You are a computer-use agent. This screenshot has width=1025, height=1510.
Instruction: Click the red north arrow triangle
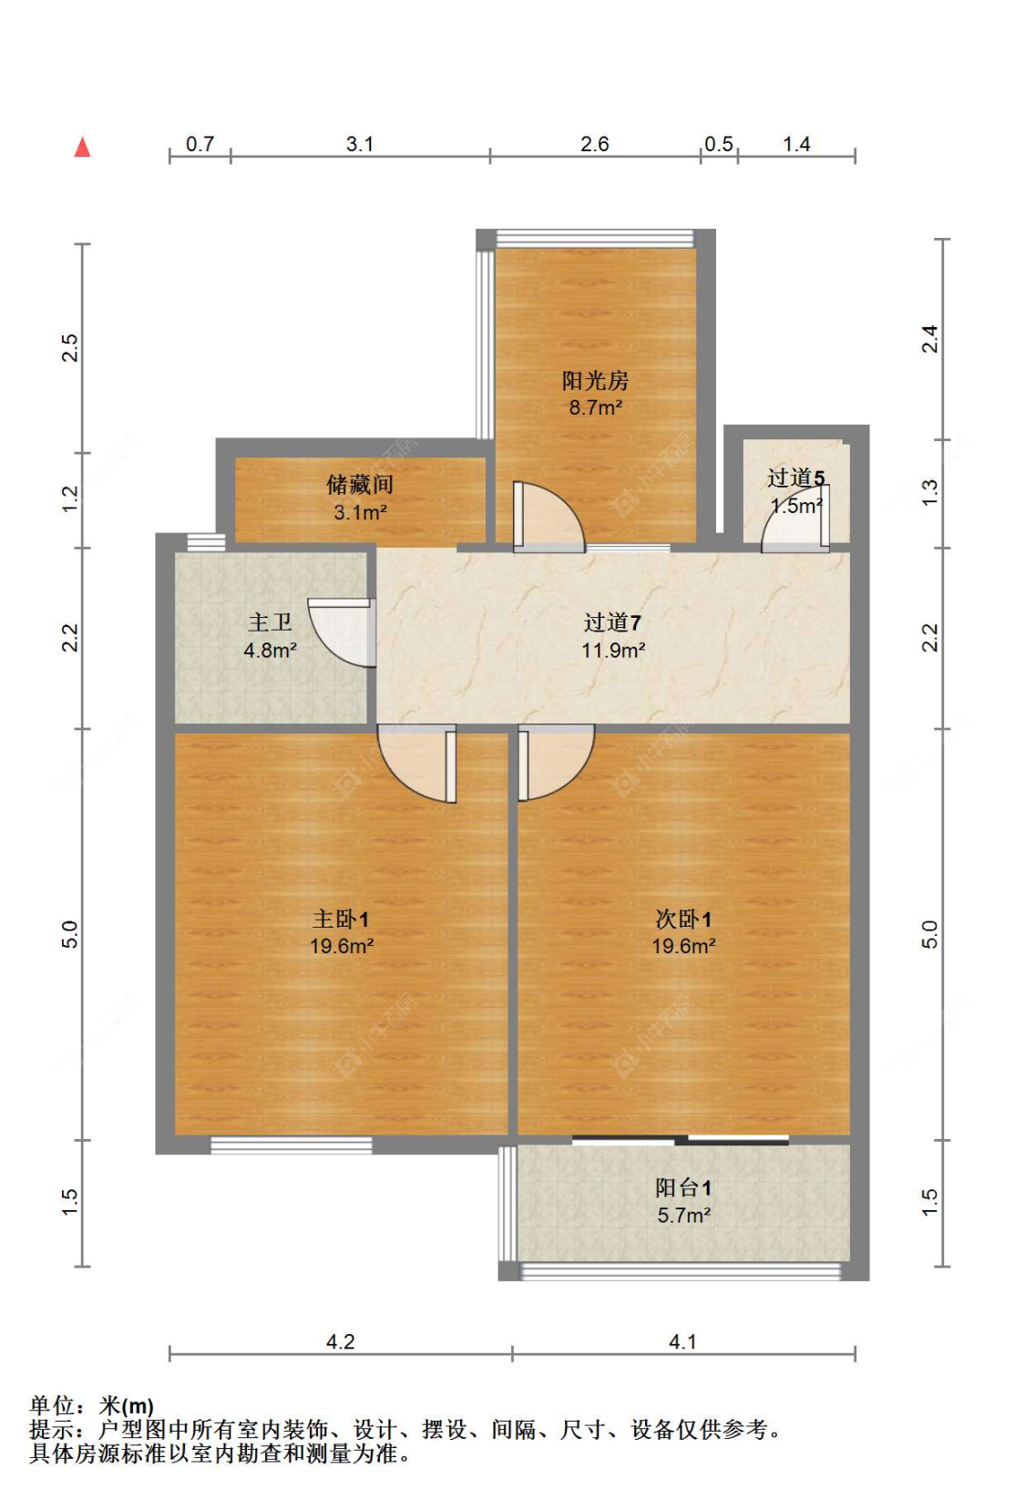tap(82, 147)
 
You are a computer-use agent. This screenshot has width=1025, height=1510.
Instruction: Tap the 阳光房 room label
tap(595, 380)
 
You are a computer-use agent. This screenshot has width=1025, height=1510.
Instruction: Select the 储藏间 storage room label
tap(360, 484)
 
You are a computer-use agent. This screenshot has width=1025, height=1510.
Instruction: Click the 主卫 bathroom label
tap(270, 622)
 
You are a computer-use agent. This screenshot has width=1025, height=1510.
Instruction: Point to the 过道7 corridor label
tap(612, 622)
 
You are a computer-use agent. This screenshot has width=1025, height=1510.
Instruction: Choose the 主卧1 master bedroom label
tap(341, 919)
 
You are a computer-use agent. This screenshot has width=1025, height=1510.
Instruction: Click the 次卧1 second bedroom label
tap(683, 919)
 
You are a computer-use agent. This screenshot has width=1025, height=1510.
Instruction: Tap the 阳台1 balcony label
tap(683, 1187)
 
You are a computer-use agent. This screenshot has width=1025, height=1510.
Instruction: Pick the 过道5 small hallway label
tap(795, 478)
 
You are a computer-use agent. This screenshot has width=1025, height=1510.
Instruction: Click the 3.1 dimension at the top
tap(360, 144)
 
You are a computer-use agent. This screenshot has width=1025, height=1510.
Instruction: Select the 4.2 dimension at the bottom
tap(340, 1341)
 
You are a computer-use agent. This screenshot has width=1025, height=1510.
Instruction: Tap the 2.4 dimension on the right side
tap(929, 339)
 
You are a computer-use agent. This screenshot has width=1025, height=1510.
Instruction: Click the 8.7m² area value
tap(596, 407)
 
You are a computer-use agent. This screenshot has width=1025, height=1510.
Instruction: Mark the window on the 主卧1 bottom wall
tap(292, 1145)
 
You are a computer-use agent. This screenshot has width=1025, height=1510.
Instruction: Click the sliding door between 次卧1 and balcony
tap(681, 1139)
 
